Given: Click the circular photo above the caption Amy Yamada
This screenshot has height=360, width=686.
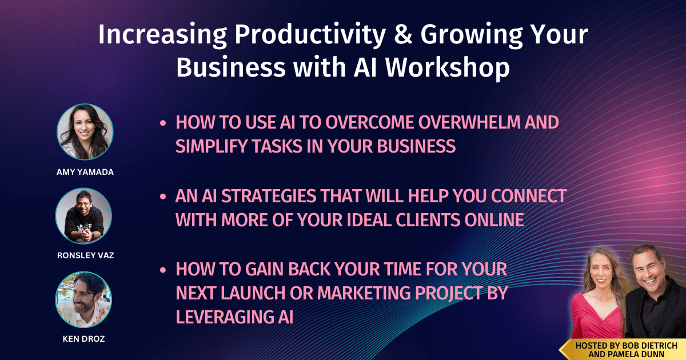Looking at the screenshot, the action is click(85, 131).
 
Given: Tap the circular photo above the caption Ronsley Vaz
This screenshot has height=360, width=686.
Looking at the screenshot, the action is click(83, 216).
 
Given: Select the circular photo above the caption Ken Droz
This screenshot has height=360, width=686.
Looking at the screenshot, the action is click(83, 299).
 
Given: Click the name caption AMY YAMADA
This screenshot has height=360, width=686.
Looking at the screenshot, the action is click(85, 172).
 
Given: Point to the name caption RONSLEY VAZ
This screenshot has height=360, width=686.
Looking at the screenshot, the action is click(85, 255).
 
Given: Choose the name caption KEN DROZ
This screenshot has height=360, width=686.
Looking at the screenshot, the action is click(83, 339).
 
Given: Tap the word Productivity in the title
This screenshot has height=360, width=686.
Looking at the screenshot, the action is click(310, 36).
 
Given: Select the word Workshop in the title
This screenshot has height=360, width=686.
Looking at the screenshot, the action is click(448, 68).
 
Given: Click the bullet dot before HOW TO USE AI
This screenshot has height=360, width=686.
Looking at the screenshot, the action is click(163, 123).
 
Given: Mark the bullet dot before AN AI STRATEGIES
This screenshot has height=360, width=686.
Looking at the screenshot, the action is click(163, 197).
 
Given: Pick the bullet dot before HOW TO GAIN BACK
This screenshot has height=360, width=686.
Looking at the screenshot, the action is click(163, 270).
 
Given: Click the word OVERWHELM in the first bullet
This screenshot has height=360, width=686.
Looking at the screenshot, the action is click(469, 122).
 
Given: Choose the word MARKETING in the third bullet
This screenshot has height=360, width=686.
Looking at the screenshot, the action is click(364, 293).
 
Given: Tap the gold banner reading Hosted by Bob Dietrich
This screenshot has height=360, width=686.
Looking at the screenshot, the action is click(623, 350).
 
